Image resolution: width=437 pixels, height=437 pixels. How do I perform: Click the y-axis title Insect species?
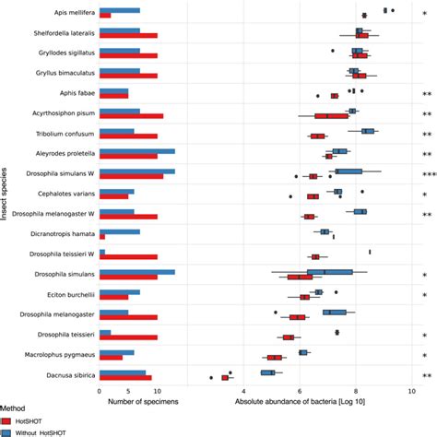6,195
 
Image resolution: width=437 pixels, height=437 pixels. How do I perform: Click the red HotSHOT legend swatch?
6,420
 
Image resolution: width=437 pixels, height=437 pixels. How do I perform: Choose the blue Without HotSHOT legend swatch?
6,431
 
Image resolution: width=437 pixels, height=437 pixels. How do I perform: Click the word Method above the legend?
13,407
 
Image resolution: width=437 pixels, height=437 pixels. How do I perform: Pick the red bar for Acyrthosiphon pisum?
131,116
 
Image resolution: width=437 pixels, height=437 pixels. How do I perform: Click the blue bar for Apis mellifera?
119,10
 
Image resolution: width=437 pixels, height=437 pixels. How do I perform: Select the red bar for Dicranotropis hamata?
101,237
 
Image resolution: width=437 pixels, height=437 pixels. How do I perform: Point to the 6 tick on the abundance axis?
301,390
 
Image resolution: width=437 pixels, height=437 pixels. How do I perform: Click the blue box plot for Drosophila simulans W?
348,171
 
